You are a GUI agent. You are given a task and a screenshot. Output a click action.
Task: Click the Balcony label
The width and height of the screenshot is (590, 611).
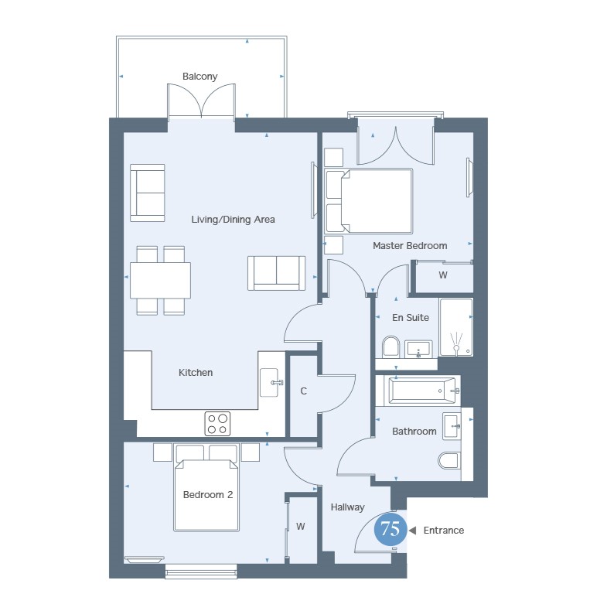(x=200, y=77)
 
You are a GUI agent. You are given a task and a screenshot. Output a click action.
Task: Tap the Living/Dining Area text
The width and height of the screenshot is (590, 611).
(x=233, y=220)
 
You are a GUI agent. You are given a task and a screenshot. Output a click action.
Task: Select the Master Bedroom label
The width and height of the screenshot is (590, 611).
(x=410, y=245)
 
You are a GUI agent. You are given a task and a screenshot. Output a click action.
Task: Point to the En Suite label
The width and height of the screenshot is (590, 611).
(x=411, y=318)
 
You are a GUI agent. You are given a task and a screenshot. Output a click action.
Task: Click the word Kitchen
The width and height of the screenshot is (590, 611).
(x=196, y=373)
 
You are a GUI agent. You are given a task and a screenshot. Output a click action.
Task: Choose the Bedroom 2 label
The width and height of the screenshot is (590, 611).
(x=208, y=494)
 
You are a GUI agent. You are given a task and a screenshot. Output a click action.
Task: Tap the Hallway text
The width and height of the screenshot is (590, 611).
(x=348, y=507)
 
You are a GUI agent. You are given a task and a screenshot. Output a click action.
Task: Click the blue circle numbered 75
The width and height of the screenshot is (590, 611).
(x=390, y=529)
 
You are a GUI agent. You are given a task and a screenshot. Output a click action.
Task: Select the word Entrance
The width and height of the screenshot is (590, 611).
(x=444, y=530)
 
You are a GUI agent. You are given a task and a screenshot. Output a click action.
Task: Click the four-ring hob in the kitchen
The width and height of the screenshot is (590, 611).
(x=217, y=424)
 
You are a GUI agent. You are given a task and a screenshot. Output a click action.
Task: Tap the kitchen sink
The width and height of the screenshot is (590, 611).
(x=270, y=382)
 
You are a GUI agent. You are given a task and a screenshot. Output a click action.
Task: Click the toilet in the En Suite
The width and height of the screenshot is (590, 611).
(x=390, y=346)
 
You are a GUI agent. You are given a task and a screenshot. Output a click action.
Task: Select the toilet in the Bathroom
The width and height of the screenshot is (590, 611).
(x=449, y=460)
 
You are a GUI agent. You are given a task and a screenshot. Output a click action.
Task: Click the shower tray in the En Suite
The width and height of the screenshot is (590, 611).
(x=456, y=327)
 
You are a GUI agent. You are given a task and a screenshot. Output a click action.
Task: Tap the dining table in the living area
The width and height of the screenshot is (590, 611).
(x=160, y=281)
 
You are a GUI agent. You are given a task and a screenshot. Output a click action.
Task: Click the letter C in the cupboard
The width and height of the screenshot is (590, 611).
(x=304, y=391)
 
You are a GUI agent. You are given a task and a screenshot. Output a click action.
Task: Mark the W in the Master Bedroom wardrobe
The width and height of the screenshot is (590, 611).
(x=443, y=275)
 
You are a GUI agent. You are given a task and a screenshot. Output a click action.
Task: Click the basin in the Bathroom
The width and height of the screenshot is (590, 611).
(x=452, y=426)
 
